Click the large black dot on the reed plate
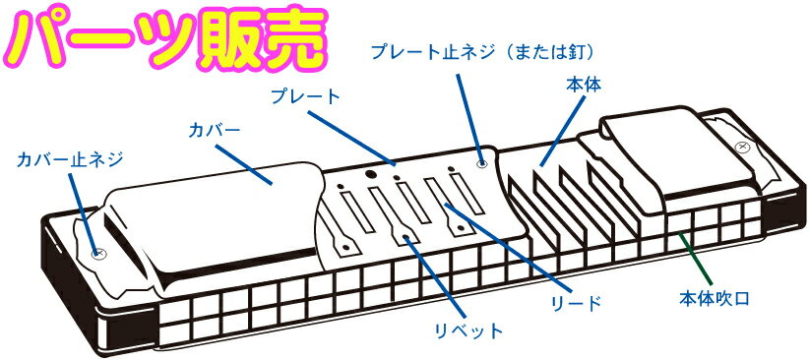(x=371, y=175)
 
